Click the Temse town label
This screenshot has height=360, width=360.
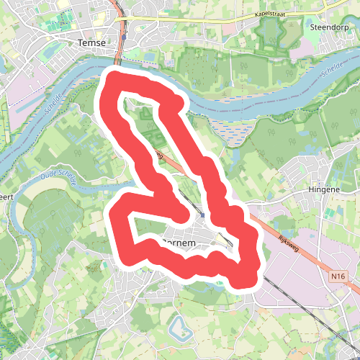(91, 42)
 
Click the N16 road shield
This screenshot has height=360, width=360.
(340, 276)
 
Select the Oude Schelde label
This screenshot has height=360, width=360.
(60, 178)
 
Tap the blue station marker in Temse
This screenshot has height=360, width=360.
(124, 35)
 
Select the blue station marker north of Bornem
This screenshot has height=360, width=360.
(203, 215)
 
